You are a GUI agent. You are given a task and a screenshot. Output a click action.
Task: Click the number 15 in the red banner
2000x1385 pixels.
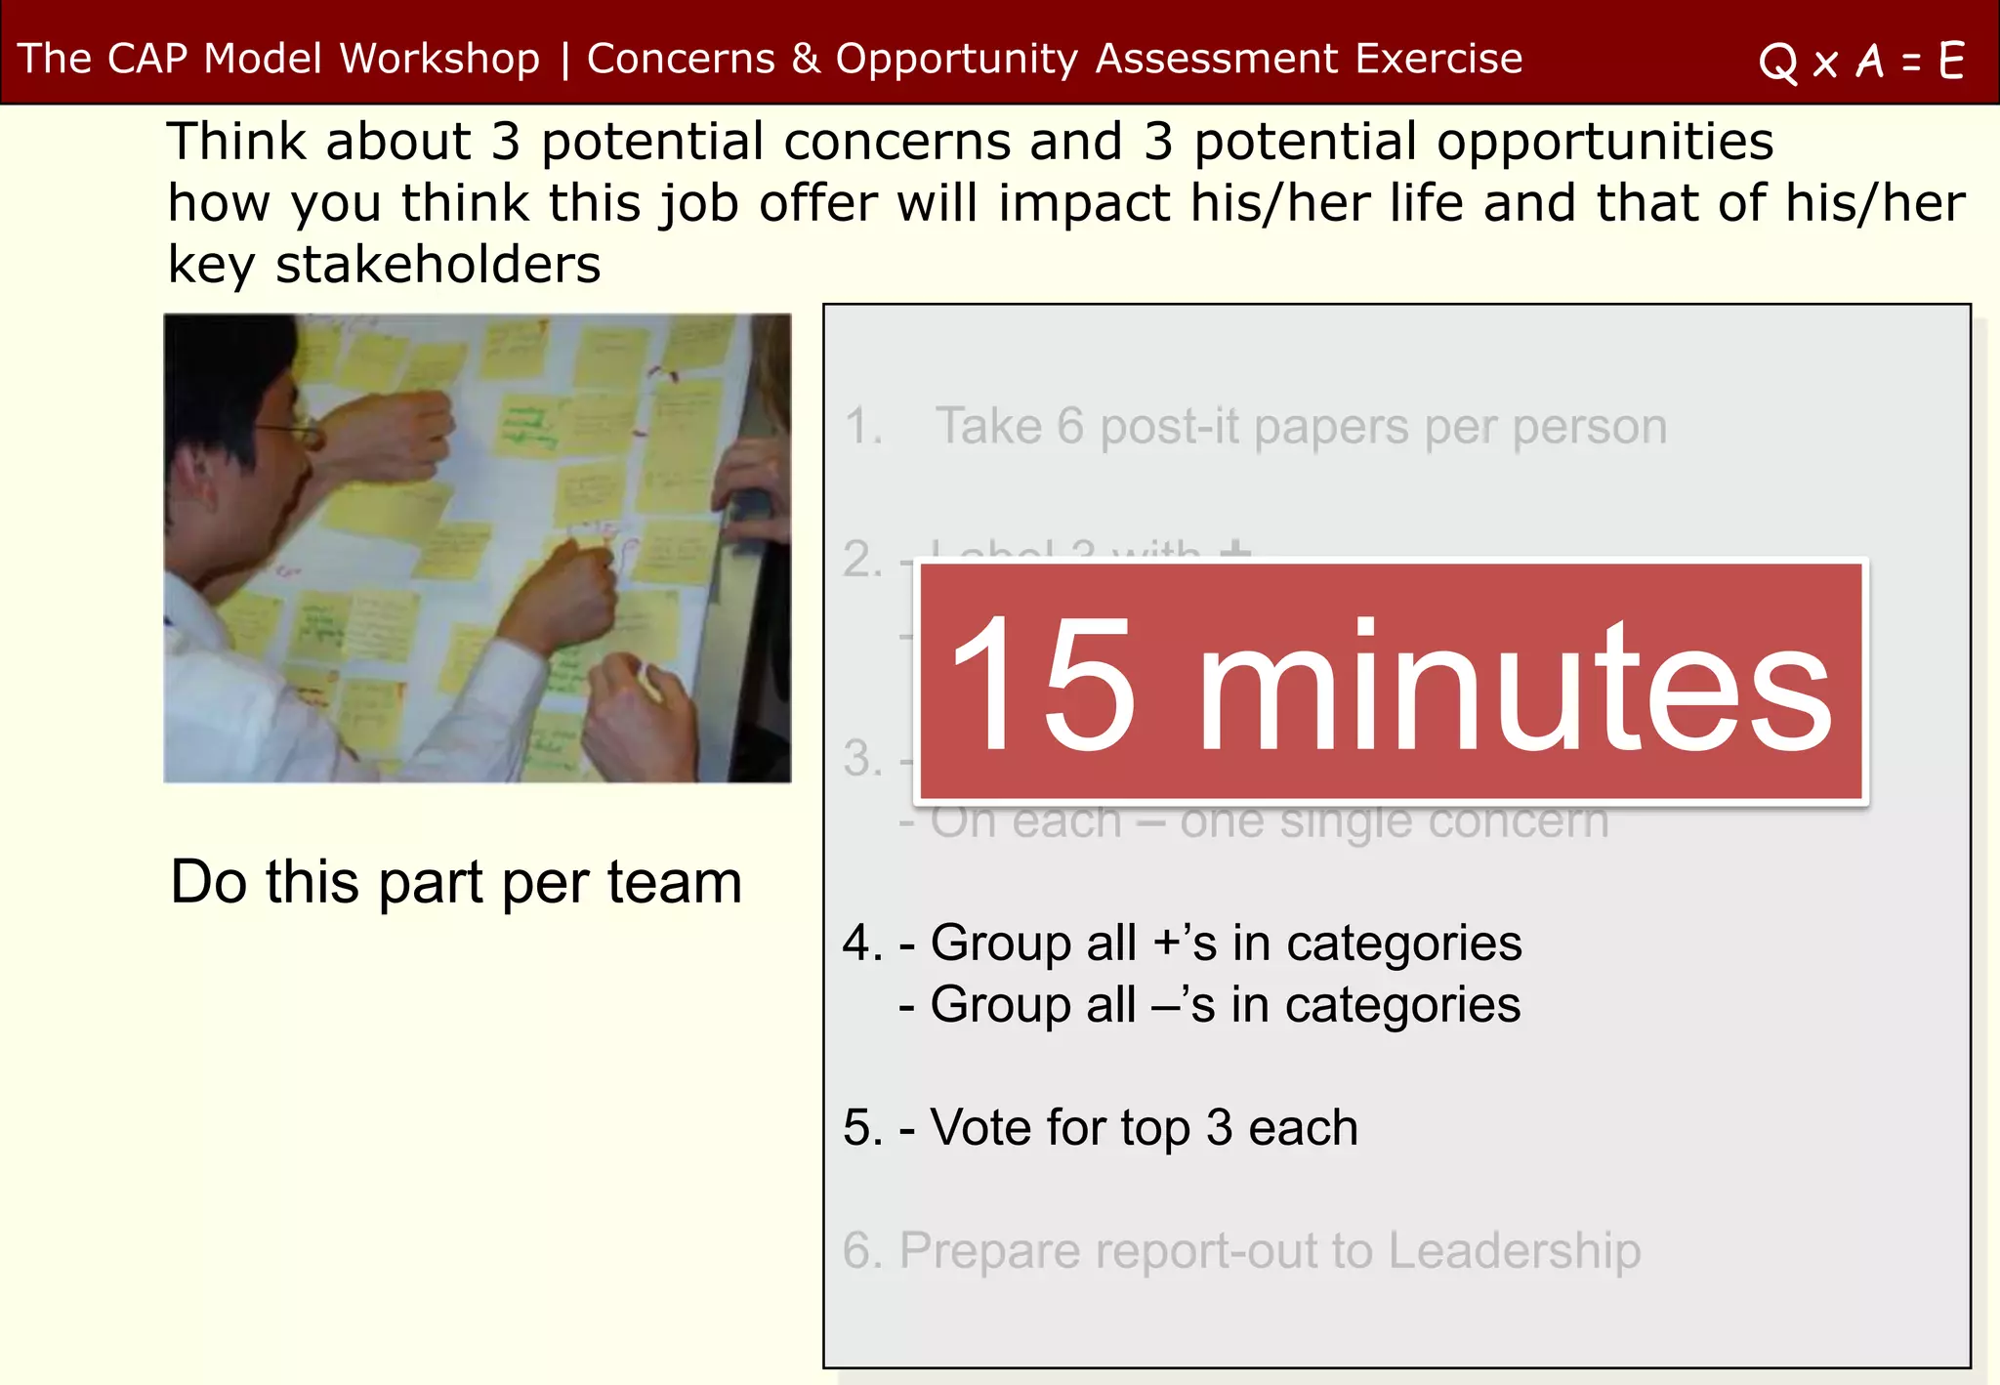pyautogui.click(x=1043, y=684)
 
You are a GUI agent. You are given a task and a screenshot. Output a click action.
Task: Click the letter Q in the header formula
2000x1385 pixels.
pyautogui.click(x=1777, y=63)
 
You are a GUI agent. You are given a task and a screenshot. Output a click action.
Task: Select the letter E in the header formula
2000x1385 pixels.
pyautogui.click(x=1951, y=61)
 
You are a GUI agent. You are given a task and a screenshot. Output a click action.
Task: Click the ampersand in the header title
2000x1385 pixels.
pyautogui.click(x=806, y=59)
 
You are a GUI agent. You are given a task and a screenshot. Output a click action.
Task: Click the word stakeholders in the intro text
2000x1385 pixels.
pyautogui.click(x=437, y=265)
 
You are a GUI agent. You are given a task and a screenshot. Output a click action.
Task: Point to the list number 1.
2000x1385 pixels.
pyautogui.click(x=861, y=427)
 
